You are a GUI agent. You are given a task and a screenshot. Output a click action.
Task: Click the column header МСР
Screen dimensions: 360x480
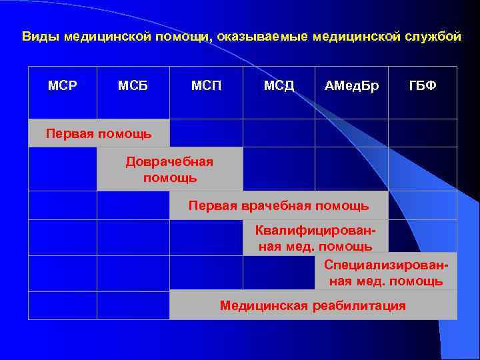[62, 86]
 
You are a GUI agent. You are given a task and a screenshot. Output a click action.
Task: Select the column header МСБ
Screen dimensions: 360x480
[133, 86]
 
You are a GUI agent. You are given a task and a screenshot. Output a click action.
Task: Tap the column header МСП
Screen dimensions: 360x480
[207, 86]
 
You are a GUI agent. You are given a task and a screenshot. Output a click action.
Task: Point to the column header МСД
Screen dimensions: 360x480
[279, 86]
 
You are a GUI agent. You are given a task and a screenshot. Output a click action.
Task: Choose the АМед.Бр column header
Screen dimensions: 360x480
[351, 86]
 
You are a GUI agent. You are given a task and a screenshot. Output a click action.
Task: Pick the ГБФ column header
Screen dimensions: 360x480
[423, 86]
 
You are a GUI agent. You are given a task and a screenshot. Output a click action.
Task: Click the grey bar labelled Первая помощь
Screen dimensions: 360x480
[99, 133]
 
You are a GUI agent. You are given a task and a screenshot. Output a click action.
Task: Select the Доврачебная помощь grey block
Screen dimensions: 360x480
[169, 169]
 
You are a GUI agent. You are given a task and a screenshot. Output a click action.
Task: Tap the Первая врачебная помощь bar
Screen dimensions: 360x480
[279, 205]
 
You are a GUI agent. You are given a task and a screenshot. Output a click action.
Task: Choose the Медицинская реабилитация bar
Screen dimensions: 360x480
[313, 306]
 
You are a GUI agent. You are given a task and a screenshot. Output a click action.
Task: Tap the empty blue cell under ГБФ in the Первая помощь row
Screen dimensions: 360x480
[423, 133]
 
